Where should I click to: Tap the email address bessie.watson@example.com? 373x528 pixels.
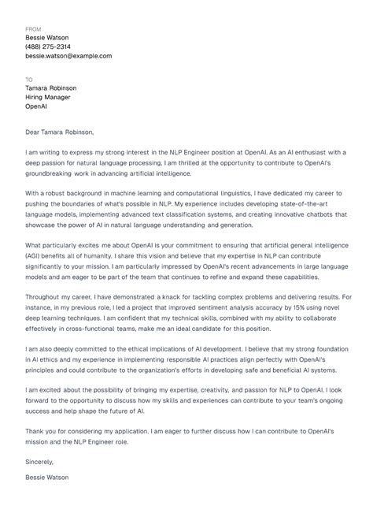68,56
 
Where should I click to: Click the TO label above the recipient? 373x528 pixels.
29,79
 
